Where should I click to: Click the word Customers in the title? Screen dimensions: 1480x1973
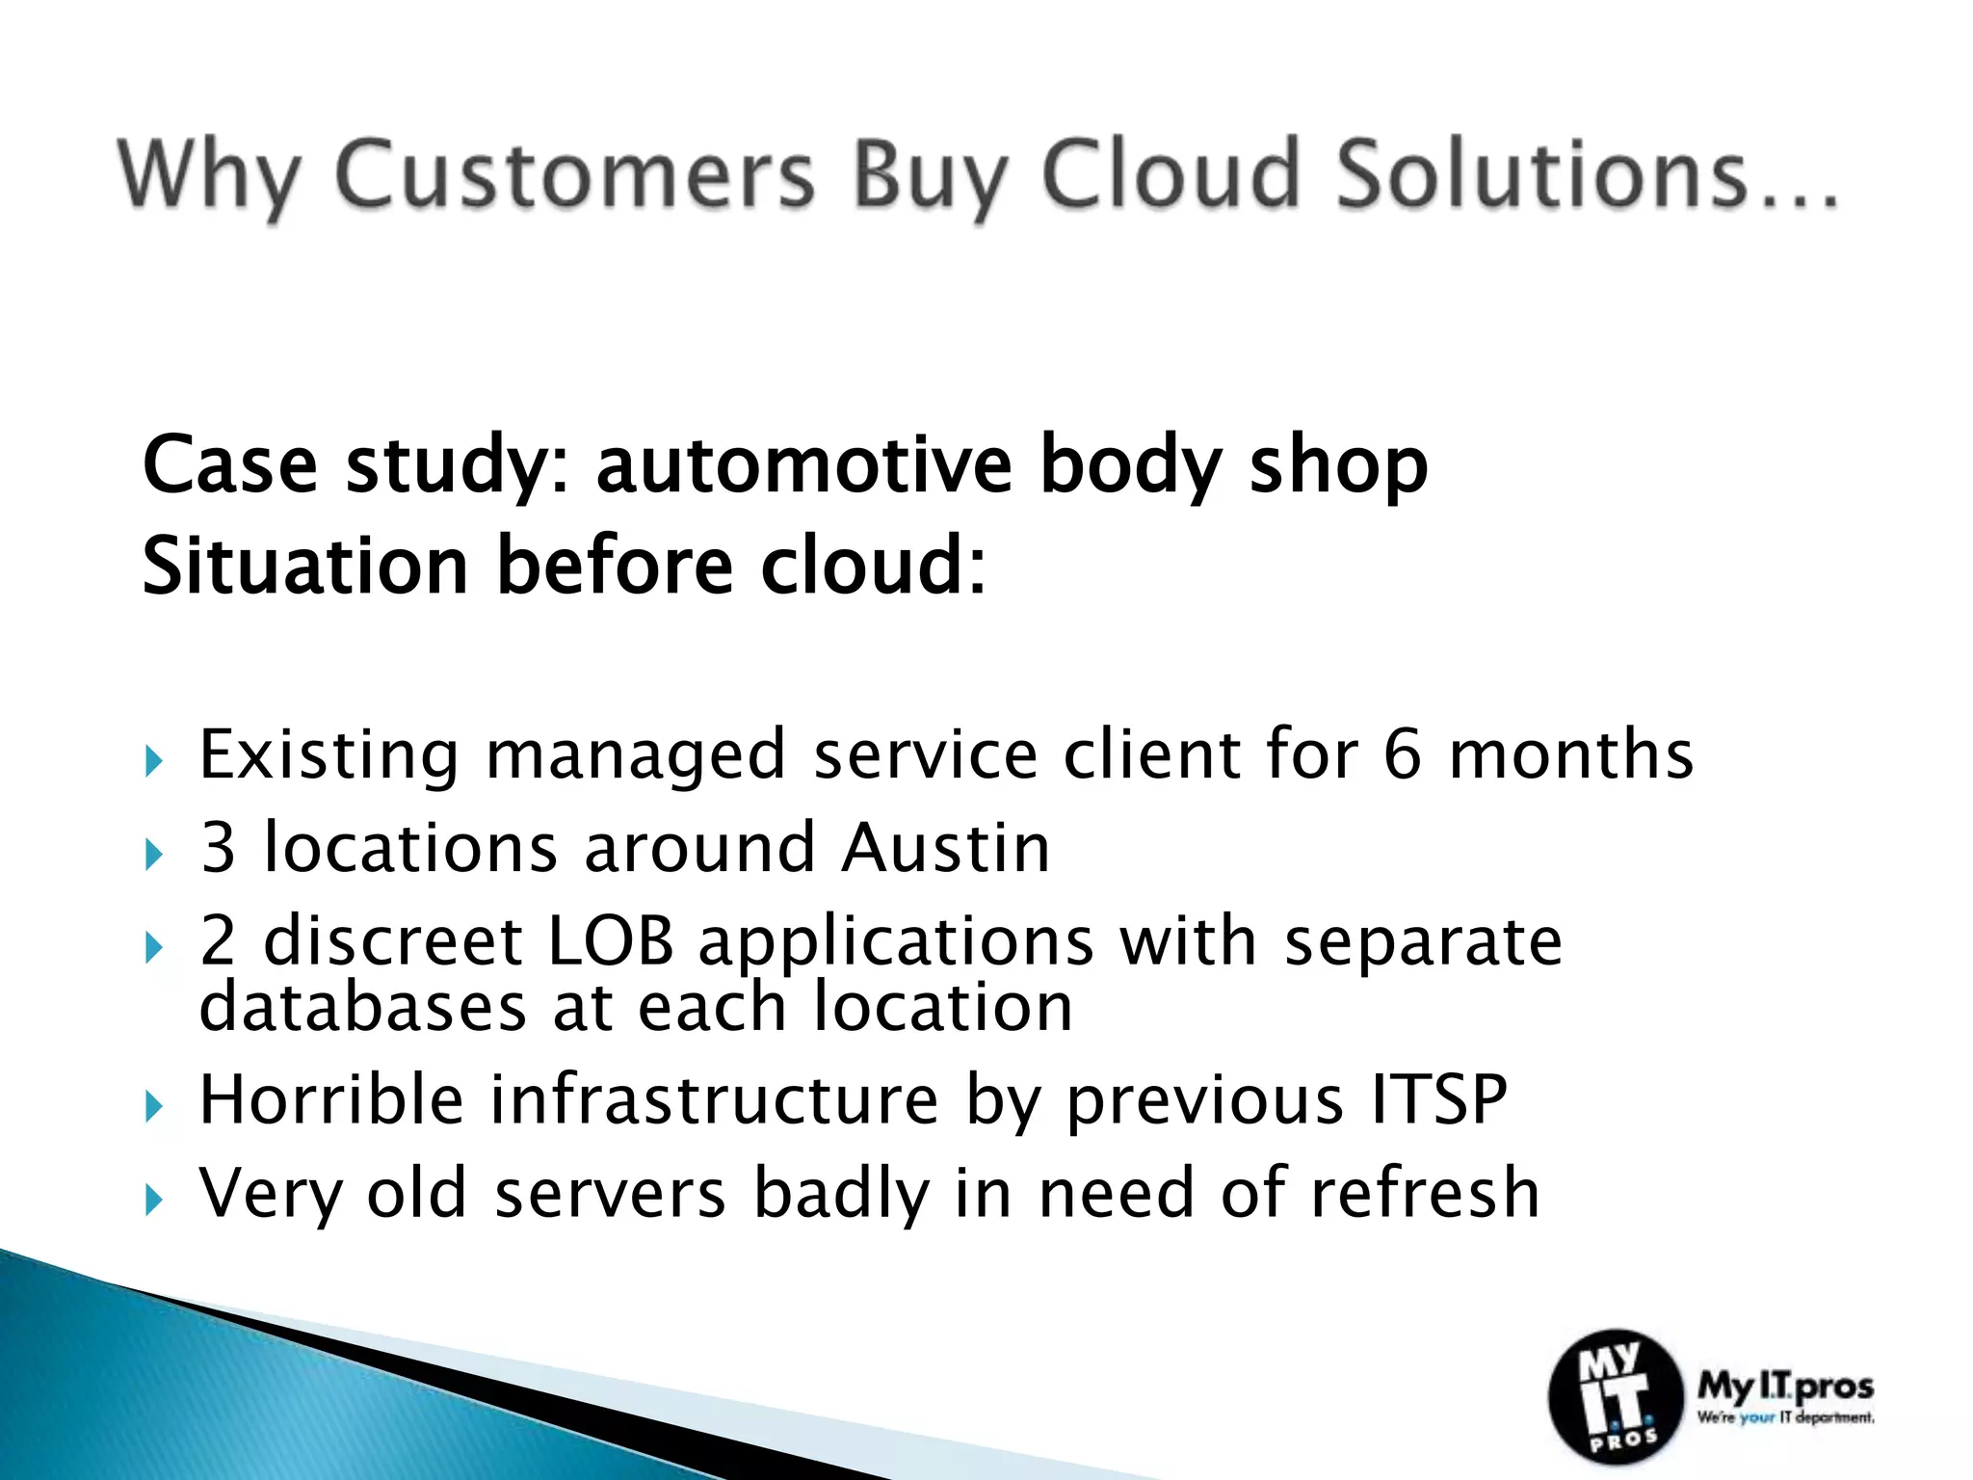click(x=575, y=175)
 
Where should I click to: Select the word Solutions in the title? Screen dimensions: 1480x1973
click(x=1541, y=175)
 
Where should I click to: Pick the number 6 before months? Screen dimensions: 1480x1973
click(x=1402, y=754)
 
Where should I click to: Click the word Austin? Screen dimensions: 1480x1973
click(x=945, y=848)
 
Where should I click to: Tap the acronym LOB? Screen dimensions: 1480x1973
click(x=610, y=940)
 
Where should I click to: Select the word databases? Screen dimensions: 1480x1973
click(x=363, y=1007)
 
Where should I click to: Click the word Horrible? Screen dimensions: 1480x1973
click(x=330, y=1099)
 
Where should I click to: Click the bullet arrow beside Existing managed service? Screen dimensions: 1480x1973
click(x=154, y=762)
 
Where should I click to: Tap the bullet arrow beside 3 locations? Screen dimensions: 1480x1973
click(x=154, y=855)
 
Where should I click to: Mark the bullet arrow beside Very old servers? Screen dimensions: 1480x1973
click(x=154, y=1200)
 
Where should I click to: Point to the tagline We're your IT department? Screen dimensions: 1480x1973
click(x=1785, y=1417)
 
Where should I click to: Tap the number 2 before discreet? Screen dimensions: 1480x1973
click(x=218, y=940)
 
